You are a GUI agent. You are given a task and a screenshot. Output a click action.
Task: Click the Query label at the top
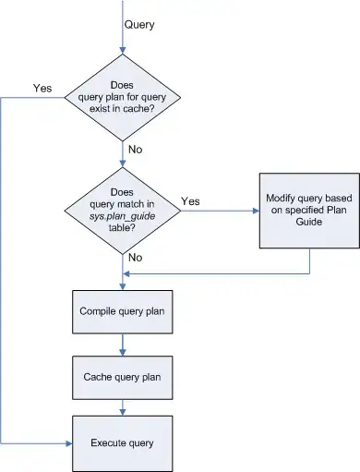pyautogui.click(x=139, y=25)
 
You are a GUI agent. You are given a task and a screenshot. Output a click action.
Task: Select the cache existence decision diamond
pyautogui.click(x=122, y=92)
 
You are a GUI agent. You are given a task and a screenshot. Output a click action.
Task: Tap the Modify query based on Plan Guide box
pyautogui.click(x=307, y=210)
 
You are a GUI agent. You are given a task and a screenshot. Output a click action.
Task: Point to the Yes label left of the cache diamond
pyautogui.click(x=42, y=89)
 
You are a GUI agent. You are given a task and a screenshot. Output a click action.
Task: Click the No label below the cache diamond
pyautogui.click(x=136, y=148)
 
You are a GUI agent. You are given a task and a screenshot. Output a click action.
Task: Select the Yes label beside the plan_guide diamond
pyautogui.click(x=191, y=200)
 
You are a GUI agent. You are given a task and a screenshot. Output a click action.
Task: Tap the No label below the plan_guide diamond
pyautogui.click(x=136, y=259)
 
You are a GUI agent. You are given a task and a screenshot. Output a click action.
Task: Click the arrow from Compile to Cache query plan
pyautogui.click(x=122, y=345)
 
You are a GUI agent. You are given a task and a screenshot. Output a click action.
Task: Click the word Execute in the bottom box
pyautogui.click(x=108, y=442)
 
